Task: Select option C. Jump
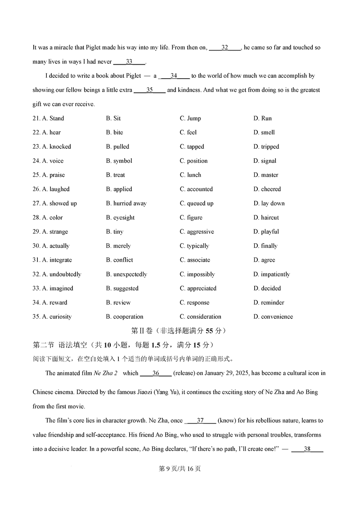190,118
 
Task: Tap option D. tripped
266,147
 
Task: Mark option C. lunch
190,175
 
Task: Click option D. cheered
267,189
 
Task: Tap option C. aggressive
197,232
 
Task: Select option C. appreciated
198,288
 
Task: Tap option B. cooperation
125,317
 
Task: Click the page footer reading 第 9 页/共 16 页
180,469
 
